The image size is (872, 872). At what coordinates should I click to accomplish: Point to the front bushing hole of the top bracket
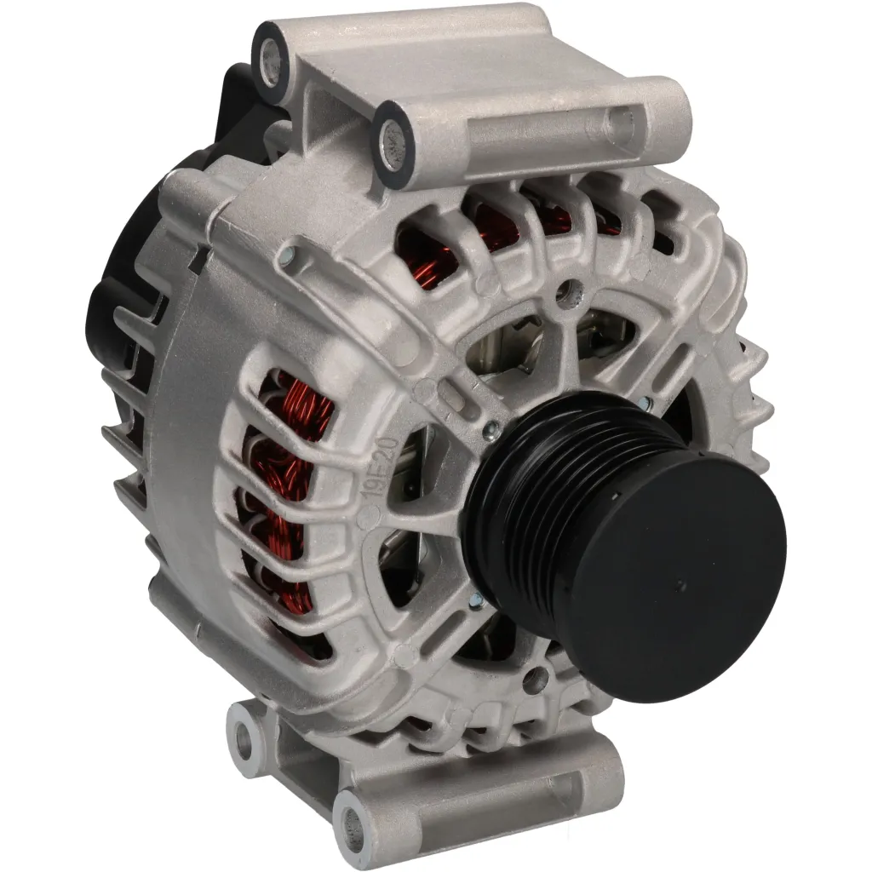394,133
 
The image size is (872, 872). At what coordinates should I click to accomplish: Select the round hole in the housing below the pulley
535,679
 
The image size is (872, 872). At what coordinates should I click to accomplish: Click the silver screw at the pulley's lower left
479,599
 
